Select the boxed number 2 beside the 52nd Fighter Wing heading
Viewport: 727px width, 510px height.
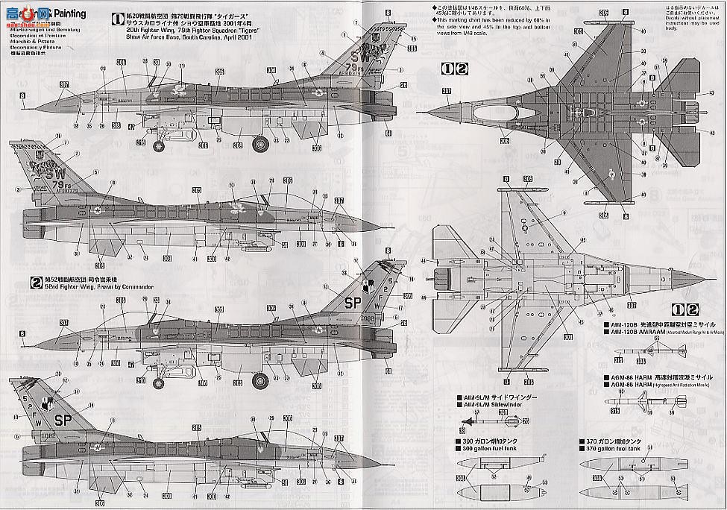[35, 282]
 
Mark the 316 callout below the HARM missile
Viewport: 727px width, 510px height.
[615, 411]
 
